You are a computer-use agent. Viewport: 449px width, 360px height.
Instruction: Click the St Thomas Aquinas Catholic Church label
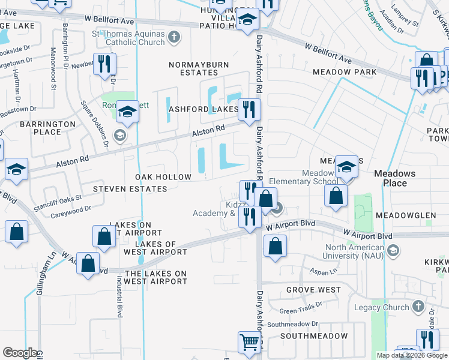(128, 38)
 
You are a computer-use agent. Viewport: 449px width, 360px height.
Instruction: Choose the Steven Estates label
(130, 189)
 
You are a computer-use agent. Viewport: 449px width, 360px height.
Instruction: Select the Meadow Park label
(345, 72)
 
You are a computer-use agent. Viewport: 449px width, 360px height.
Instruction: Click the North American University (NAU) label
(354, 251)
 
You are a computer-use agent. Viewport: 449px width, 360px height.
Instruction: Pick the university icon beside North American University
(393, 250)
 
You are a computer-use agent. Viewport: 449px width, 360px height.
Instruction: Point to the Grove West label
(313, 290)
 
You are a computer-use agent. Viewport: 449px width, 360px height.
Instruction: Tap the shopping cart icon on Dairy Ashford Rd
(249, 342)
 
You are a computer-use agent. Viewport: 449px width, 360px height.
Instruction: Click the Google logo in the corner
(20, 353)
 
